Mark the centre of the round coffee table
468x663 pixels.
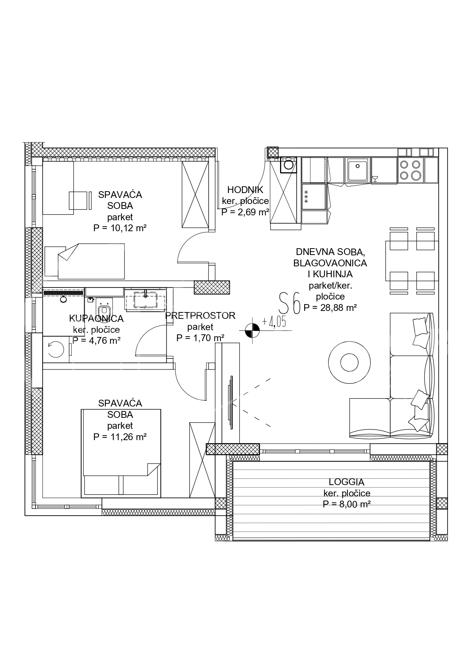tap(349, 363)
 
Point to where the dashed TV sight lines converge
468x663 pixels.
tap(231, 402)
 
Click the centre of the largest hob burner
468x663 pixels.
tap(416, 175)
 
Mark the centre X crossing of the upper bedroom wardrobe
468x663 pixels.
tap(195, 195)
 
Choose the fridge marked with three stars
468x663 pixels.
tap(314, 196)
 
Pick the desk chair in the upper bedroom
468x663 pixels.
tap(80, 200)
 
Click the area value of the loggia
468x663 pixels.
tap(347, 504)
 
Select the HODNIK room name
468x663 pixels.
tap(245, 190)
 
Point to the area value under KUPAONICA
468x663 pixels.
tap(97, 341)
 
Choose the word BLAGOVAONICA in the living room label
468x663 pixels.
tap(330, 263)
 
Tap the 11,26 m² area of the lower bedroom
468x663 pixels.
tap(120, 437)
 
